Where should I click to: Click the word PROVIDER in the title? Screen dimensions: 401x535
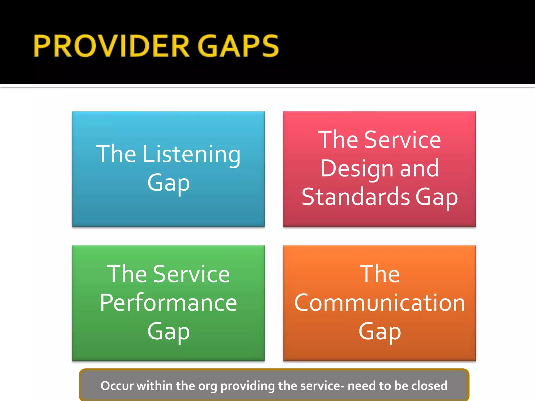point(111,46)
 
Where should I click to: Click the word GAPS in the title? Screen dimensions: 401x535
point(238,46)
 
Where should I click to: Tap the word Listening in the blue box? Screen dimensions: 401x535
point(191,155)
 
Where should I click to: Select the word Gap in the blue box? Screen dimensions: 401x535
point(168,183)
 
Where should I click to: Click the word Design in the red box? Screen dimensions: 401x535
point(357,169)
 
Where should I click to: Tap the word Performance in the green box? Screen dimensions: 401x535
point(168,303)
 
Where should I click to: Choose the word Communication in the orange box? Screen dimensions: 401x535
point(380,303)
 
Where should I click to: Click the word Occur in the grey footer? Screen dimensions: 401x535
point(117,386)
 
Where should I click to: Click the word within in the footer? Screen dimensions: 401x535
point(154,386)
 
